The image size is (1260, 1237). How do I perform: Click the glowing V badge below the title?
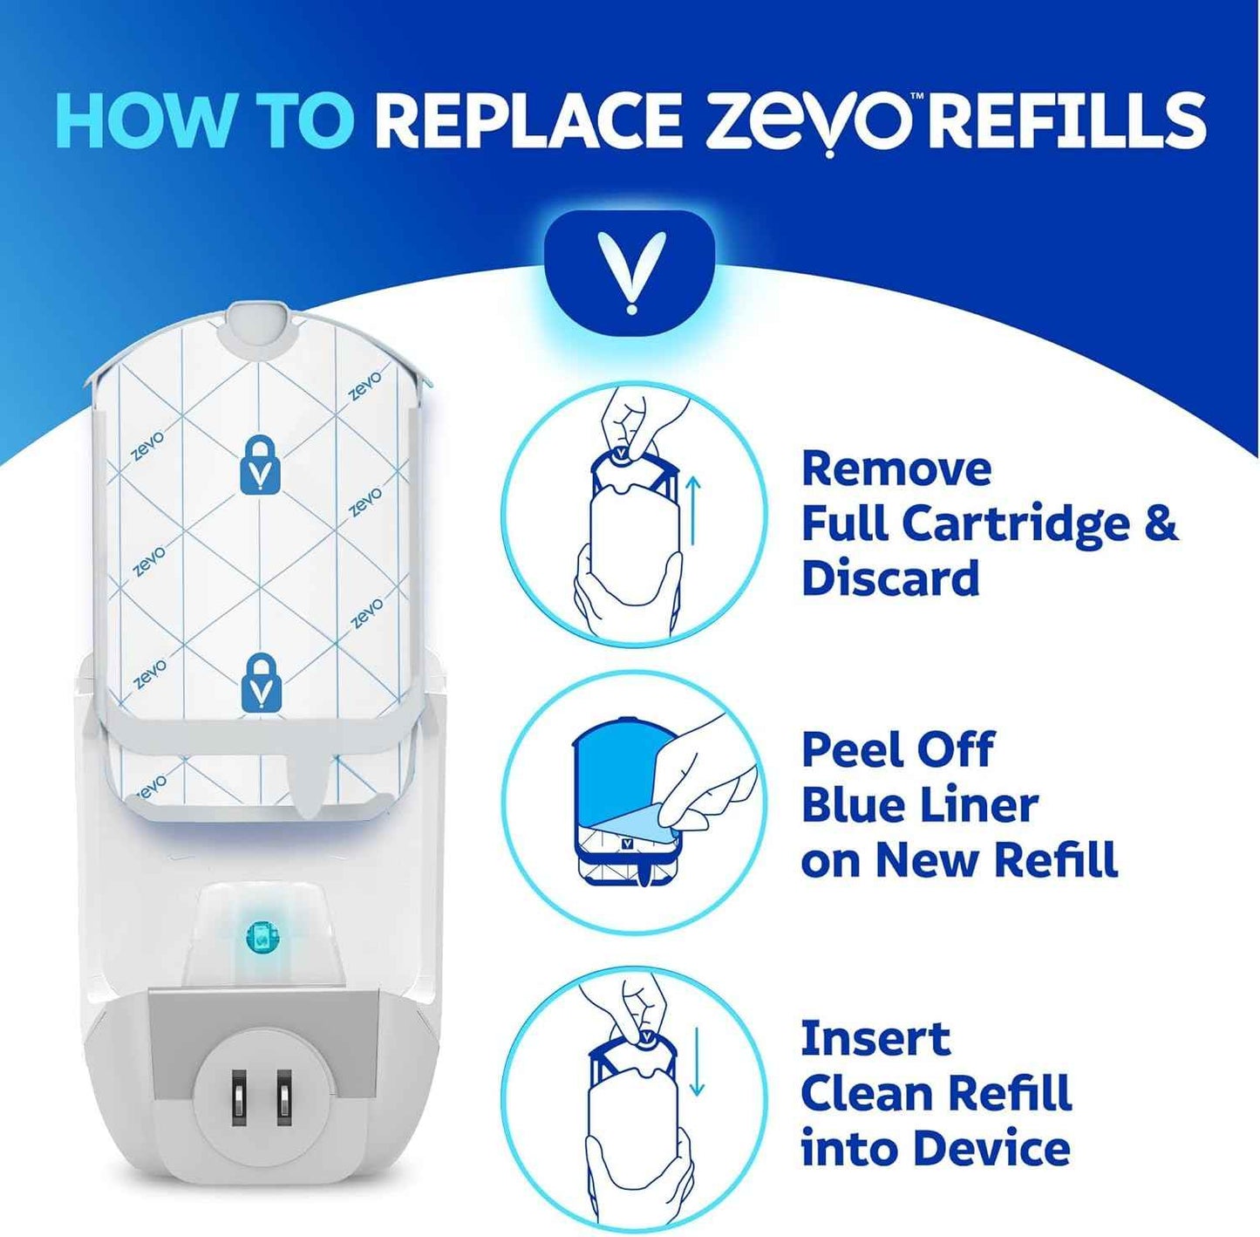[x=630, y=271]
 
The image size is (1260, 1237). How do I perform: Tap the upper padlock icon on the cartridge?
[x=261, y=466]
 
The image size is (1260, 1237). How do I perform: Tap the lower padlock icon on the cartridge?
[x=261, y=681]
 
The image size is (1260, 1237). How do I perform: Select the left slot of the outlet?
[x=239, y=1096]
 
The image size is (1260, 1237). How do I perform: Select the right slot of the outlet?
[x=283, y=1096]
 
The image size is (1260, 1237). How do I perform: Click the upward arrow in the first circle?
[x=694, y=510]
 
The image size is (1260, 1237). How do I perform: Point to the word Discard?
[x=890, y=578]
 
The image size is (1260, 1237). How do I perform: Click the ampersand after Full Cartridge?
[x=1158, y=523]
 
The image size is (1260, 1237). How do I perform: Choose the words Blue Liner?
[x=919, y=804]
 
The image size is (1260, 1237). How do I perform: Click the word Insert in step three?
[x=875, y=1038]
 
